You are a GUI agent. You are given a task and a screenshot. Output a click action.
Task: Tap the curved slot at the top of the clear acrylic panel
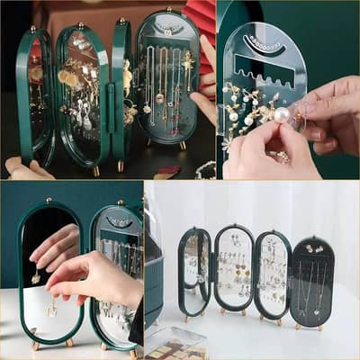point(264,42)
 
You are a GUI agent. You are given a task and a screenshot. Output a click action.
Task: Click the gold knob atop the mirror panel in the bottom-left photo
point(49,200)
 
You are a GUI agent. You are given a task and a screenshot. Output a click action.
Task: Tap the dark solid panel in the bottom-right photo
point(312,282)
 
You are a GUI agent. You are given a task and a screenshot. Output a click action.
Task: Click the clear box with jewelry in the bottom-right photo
point(176,343)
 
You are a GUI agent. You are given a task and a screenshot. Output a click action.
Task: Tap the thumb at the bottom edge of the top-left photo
point(16,167)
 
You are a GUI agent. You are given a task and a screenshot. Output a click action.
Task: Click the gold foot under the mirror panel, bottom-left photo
point(36,344)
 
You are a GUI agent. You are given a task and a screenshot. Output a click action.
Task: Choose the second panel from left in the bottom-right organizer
point(233,270)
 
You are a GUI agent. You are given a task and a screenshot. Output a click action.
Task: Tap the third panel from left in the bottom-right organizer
point(272,274)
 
